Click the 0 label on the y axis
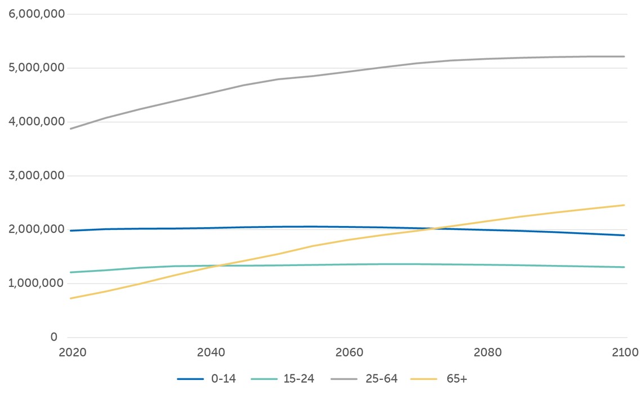click(54, 337)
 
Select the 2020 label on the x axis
click(72, 353)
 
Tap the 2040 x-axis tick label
click(211, 353)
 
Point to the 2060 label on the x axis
click(350, 353)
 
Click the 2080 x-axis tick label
click(488, 353)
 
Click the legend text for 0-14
click(224, 379)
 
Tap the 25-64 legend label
click(382, 379)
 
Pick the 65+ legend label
click(456, 379)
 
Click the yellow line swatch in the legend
click(424, 379)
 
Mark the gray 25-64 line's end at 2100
click(625, 56)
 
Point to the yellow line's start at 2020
click(70, 298)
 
